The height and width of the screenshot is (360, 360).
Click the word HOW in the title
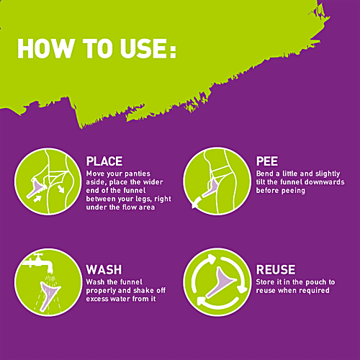coord(45,48)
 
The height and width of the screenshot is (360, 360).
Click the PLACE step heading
coord(104,161)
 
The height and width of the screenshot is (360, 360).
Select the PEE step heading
coord(267,161)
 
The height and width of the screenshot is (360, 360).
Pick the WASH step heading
coord(104,269)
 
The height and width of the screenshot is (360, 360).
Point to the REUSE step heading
coord(276,269)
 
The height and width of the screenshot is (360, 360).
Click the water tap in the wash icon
coord(38,262)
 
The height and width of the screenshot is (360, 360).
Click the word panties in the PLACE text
coord(138,174)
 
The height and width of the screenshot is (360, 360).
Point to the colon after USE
coord(173,48)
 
